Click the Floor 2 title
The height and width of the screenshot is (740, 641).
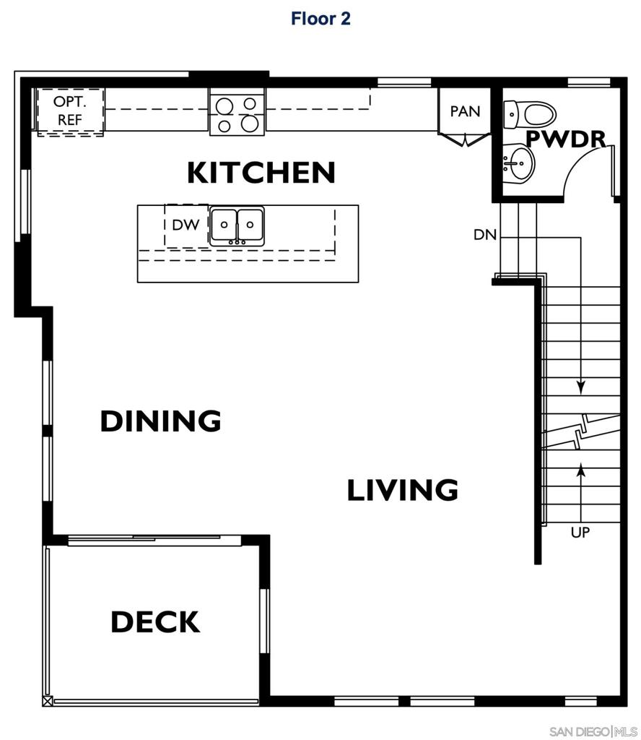click(320, 19)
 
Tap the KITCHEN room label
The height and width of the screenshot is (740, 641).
click(261, 173)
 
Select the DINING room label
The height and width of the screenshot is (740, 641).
click(160, 421)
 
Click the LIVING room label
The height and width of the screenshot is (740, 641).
click(402, 490)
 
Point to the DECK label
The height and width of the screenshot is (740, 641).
click(155, 621)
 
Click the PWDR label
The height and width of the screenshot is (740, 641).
click(565, 139)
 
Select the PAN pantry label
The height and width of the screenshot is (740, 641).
click(465, 111)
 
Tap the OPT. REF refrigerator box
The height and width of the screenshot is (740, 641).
click(70, 111)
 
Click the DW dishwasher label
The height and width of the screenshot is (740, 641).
click(186, 225)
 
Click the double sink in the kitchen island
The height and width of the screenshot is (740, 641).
click(237, 225)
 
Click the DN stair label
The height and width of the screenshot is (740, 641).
click(484, 235)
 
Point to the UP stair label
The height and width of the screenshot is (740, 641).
click(580, 533)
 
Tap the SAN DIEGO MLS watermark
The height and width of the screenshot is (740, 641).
click(593, 731)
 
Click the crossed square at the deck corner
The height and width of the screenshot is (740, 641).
click(48, 700)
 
